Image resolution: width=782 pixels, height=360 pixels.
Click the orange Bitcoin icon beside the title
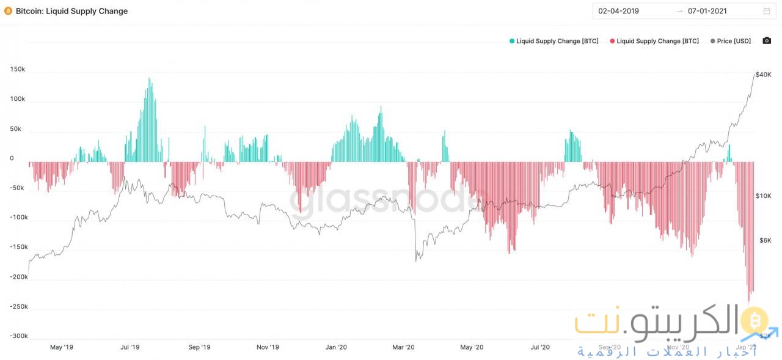pos(8,11)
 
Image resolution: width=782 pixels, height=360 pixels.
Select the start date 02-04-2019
pos(618,11)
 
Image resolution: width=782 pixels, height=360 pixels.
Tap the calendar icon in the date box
pos(767,11)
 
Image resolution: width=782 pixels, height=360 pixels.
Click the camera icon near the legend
pos(767,41)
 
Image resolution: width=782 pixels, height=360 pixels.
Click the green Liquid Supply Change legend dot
pos(512,41)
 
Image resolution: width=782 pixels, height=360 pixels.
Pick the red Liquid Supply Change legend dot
pos(612,41)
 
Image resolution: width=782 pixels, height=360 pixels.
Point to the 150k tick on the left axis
pos(18,69)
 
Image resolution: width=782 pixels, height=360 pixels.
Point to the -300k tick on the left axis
pos(19,336)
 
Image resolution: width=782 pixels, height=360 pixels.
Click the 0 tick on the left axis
pos(12,158)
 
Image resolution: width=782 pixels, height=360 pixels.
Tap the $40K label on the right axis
pos(763,75)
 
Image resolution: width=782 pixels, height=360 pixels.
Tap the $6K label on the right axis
pos(765,240)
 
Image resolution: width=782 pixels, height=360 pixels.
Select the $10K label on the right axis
pos(764,196)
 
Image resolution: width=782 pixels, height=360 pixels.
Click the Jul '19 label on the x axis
pos(130,347)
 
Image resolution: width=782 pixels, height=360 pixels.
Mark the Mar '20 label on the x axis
pos(403,347)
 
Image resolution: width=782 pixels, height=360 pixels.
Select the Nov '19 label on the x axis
pos(268,347)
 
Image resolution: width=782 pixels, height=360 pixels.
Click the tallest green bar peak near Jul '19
pos(149,79)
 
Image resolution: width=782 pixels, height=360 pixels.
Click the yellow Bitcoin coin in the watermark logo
pos(754,320)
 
